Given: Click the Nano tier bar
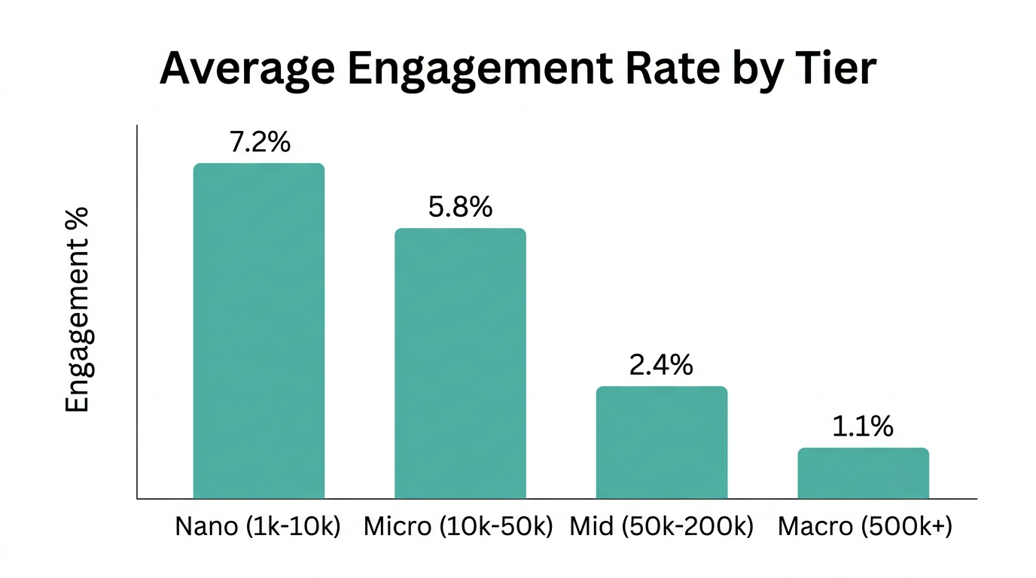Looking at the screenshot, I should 258,330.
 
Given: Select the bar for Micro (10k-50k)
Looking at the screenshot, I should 460,363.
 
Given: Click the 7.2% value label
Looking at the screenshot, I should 260,142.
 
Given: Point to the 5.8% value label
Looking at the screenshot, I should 460,207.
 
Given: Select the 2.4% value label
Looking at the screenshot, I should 661,365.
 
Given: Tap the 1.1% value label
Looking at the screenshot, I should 863,427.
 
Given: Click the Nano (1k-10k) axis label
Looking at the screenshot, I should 258,527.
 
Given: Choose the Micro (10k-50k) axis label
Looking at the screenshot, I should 459,527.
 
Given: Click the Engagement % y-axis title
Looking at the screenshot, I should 77,309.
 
